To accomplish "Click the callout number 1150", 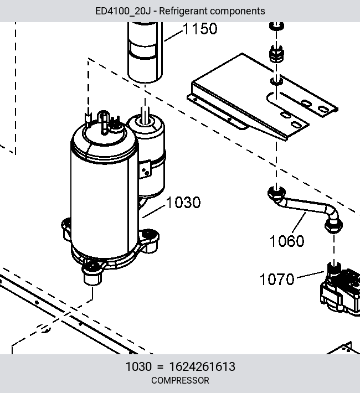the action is pyautogui.click(x=200, y=29).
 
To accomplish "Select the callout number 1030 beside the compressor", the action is pyautogui.click(x=183, y=202).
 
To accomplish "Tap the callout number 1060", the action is pyautogui.click(x=287, y=241).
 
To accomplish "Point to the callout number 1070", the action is pyautogui.click(x=277, y=279).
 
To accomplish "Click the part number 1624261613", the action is pyautogui.click(x=202, y=366).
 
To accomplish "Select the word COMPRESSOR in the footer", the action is pyautogui.click(x=180, y=380).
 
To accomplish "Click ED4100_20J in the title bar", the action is pyautogui.click(x=123, y=11).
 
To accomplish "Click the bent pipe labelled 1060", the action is pyautogui.click(x=305, y=206).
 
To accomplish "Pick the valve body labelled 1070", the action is pyautogui.click(x=340, y=291).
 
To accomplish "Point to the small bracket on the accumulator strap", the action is pyautogui.click(x=145, y=169).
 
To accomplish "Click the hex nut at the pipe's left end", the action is pyautogui.click(x=276, y=194).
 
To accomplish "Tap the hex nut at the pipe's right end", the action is pyautogui.click(x=333, y=226).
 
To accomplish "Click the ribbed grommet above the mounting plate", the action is pyautogui.click(x=276, y=54).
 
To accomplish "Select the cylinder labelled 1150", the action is pyautogui.click(x=145, y=52).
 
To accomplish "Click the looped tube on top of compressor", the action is pyautogui.click(x=104, y=122).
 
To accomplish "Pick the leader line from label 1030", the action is pyautogui.click(x=154, y=212).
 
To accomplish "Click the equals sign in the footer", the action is pyautogui.click(x=160, y=367).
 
